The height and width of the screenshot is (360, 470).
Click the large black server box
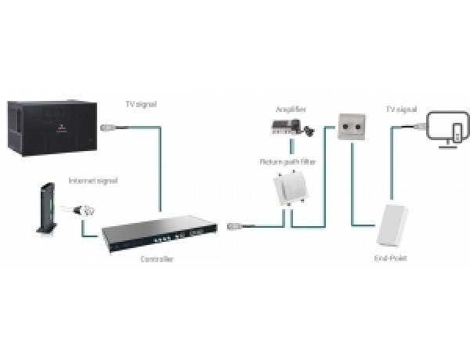point(50,127)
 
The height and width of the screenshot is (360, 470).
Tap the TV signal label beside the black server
point(141,104)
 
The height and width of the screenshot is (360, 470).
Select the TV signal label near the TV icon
point(401,110)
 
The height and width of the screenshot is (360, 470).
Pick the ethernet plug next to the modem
point(85,210)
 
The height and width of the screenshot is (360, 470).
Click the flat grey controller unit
point(157,232)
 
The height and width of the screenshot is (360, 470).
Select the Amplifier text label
point(289,109)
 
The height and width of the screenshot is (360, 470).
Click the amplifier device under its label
point(289,126)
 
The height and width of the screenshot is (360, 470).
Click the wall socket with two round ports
point(350,127)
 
